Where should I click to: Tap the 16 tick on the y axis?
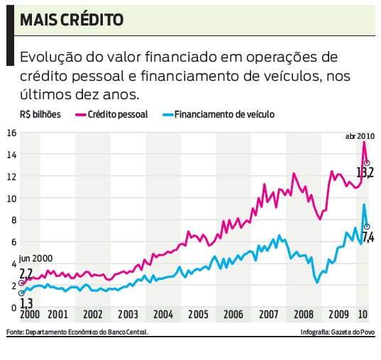pos(11,133)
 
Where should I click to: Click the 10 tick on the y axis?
pos(11,198)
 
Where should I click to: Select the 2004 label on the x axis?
pos(162,314)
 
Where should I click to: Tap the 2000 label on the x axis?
pos(29,314)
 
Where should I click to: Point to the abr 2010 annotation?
pos(359,135)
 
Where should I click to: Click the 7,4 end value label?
pos(368,237)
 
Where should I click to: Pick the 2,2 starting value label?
pos(26,273)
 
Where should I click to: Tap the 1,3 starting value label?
pos(26,303)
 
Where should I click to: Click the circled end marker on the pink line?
pos(367,163)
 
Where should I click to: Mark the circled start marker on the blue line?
pos(22,293)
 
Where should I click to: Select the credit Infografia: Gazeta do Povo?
pos(337,332)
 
